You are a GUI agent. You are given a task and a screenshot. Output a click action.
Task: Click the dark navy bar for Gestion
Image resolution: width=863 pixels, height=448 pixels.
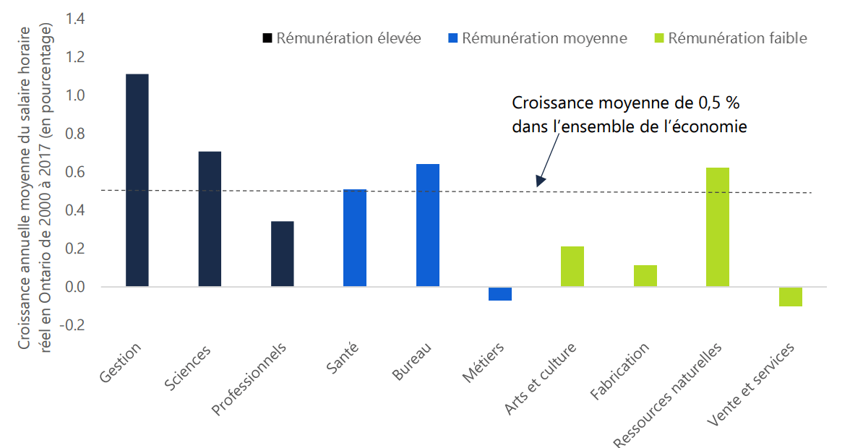click(x=137, y=180)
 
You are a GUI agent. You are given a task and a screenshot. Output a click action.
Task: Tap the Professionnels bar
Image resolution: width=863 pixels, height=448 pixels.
click(x=282, y=254)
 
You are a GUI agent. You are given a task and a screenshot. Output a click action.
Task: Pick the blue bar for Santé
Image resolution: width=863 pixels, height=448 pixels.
click(x=355, y=238)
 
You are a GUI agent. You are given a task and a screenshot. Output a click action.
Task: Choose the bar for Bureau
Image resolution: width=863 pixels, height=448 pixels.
click(x=427, y=225)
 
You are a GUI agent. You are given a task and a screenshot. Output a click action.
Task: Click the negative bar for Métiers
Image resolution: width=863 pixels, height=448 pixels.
click(x=500, y=293)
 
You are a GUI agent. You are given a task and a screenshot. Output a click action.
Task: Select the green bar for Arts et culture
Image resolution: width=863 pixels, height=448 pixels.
click(x=572, y=267)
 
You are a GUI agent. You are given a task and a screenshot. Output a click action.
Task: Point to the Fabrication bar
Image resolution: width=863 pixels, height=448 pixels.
click(x=645, y=276)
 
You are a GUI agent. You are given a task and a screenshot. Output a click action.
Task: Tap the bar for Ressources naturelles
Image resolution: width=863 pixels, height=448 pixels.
click(x=718, y=227)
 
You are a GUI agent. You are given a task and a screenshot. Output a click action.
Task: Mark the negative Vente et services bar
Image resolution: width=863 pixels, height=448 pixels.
click(x=791, y=296)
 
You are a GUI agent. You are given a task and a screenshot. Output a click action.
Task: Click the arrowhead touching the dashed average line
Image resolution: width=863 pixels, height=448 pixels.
click(x=540, y=183)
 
